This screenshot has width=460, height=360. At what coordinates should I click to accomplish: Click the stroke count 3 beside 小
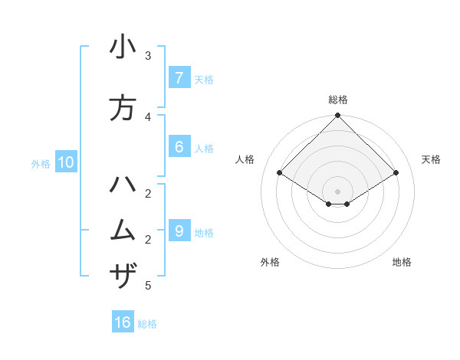148,55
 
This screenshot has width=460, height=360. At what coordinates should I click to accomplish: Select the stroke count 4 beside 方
148,116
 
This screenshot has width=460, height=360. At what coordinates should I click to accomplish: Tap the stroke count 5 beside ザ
148,286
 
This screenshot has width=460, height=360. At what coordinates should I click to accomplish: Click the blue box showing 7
179,77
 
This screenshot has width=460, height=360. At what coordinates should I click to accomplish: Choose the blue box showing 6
179,146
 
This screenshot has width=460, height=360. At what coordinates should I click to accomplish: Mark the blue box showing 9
179,231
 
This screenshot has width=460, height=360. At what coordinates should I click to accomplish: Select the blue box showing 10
65,162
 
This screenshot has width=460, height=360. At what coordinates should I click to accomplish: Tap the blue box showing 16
123,322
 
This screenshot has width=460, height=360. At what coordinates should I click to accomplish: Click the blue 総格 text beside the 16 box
147,324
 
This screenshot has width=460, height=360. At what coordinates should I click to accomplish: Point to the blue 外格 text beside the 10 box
41,163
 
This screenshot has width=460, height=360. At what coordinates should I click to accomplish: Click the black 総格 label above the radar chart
338,100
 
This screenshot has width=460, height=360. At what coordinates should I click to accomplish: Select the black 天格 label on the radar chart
432,159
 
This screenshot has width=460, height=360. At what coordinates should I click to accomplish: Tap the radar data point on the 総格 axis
338,116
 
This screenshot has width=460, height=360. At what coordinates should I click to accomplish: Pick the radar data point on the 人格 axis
280,173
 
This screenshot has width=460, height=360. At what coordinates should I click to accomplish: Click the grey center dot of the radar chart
338,191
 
